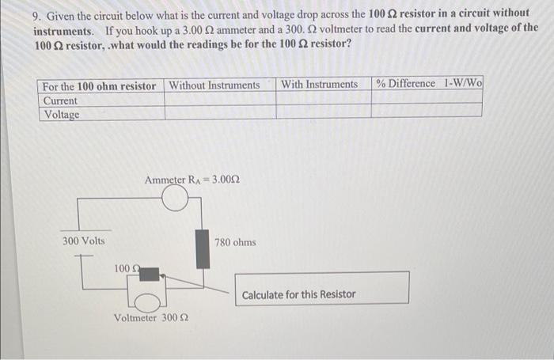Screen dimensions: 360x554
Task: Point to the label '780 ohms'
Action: [235, 242]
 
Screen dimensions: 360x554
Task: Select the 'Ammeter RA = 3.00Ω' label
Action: [192, 180]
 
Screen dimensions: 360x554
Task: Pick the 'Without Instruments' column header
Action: [214, 85]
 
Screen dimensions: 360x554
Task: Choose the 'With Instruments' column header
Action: [320, 85]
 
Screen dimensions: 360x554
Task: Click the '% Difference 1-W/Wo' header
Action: [429, 84]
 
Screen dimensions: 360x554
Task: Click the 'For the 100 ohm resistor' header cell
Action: [100, 85]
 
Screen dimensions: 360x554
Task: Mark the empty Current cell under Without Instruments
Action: [219, 101]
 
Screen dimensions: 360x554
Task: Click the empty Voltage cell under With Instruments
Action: [323, 114]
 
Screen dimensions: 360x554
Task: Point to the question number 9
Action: [36, 14]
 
